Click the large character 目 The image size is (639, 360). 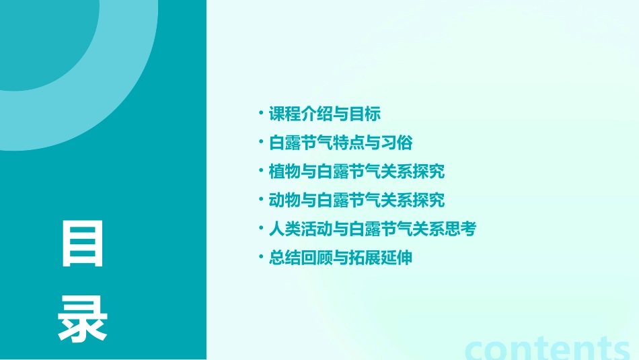coord(83,243)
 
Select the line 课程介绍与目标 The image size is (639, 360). coord(325,114)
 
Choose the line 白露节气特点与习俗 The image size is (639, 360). coord(340,143)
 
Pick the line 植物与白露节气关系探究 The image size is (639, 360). coord(356,172)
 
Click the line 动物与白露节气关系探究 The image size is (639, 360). coord(356,201)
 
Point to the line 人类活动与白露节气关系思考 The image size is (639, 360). coord(373,229)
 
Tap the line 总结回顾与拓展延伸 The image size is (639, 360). coord(340,258)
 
